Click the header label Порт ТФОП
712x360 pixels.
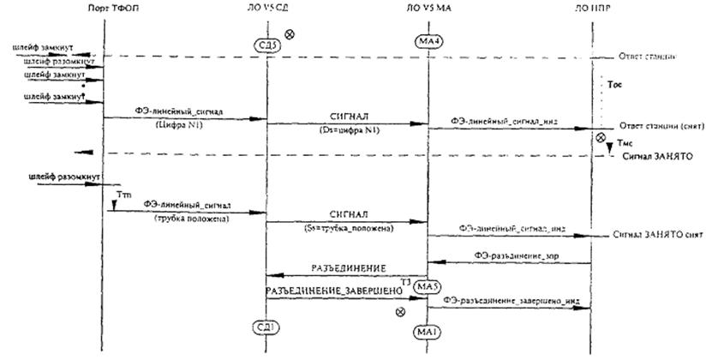pyautogui.click(x=105, y=8)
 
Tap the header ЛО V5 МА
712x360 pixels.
pyautogui.click(x=427, y=8)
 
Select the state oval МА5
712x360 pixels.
pyautogui.click(x=427, y=286)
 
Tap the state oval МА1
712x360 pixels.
pyautogui.click(x=427, y=331)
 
